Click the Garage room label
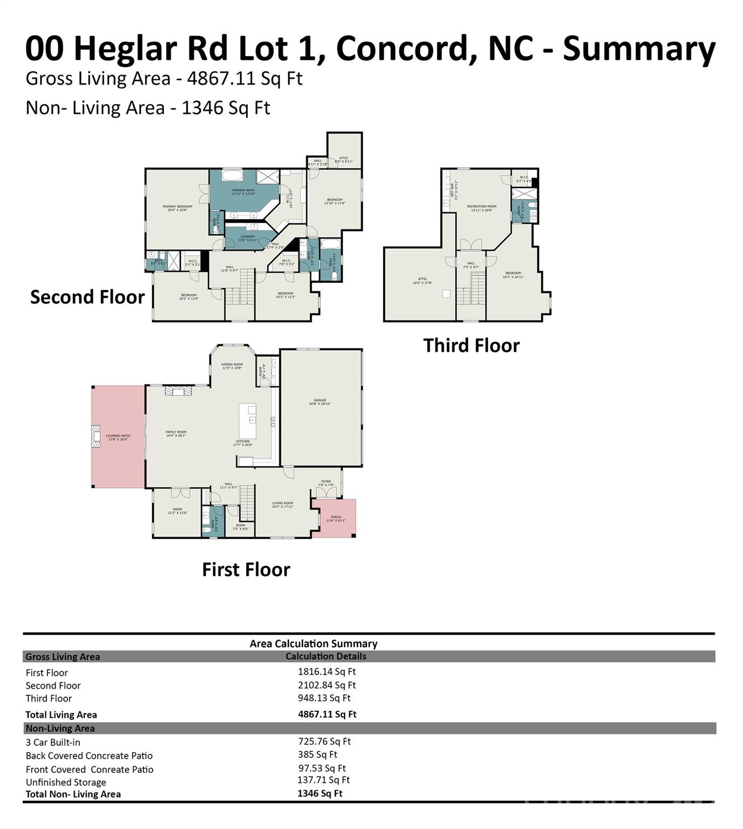tap(320, 402)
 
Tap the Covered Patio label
tap(118, 437)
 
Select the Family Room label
tap(176, 433)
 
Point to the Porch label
tap(336, 518)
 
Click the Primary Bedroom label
tap(177, 208)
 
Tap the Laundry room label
tap(248, 238)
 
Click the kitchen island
tap(248, 421)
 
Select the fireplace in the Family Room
tap(178, 391)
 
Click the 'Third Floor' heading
tap(471, 345)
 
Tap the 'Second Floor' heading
tap(87, 297)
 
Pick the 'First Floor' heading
tap(246, 569)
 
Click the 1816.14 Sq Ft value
tap(327, 672)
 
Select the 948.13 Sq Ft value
tap(324, 698)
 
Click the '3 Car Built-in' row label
tap(53, 743)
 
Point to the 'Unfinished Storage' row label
tap(66, 783)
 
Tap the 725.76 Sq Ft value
tap(324, 742)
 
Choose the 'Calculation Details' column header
tap(326, 656)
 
